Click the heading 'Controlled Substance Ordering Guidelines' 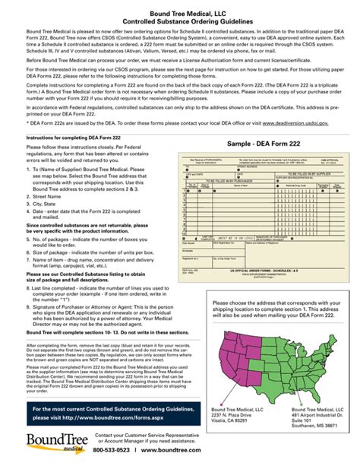coord(180,21)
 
